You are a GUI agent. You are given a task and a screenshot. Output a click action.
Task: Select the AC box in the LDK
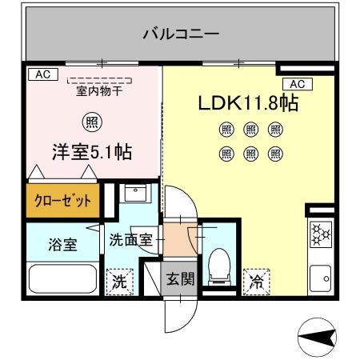click(x=294, y=84)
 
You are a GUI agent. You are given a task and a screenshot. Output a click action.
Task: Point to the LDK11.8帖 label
click(x=248, y=104)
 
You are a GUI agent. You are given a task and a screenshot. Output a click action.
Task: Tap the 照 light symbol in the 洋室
click(x=93, y=122)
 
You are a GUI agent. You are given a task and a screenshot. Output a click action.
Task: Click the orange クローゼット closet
click(x=62, y=199)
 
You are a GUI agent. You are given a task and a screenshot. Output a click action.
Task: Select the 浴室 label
click(x=61, y=245)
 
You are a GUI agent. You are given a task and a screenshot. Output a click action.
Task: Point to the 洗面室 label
click(x=131, y=239)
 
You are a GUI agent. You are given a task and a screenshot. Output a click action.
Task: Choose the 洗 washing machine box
click(x=118, y=282)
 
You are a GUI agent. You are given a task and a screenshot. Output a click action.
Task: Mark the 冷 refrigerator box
click(x=257, y=282)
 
